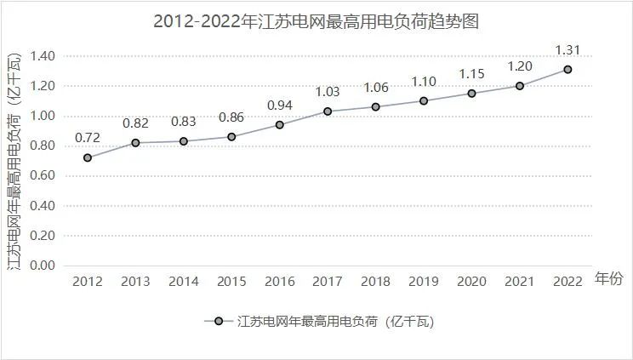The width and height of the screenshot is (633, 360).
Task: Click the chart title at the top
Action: [x=316, y=22]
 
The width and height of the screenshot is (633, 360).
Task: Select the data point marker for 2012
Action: [x=88, y=157]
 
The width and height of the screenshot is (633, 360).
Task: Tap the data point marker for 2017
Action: [x=328, y=111]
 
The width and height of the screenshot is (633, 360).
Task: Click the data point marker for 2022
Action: [x=567, y=70]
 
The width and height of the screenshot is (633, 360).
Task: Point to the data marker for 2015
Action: [x=231, y=137]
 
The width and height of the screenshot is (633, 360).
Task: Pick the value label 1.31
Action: [x=567, y=49]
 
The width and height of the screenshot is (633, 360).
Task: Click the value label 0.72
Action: [x=88, y=137]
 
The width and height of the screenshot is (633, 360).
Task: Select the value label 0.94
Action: [x=280, y=105]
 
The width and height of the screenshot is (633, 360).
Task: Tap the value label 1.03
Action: [x=328, y=91]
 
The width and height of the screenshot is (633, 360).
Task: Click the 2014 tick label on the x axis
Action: [x=184, y=281]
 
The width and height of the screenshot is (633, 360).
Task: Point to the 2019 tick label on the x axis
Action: [x=424, y=281]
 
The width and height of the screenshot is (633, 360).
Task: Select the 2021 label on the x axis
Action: [x=519, y=281]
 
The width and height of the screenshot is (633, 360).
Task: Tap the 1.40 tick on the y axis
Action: [x=42, y=56]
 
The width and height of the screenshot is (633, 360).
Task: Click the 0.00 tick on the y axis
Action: [x=42, y=266]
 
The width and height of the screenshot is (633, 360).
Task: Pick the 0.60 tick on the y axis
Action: [x=42, y=176]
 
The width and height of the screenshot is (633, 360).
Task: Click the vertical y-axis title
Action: [x=14, y=161]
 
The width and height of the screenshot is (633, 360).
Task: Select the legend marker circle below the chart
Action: [x=220, y=321]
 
